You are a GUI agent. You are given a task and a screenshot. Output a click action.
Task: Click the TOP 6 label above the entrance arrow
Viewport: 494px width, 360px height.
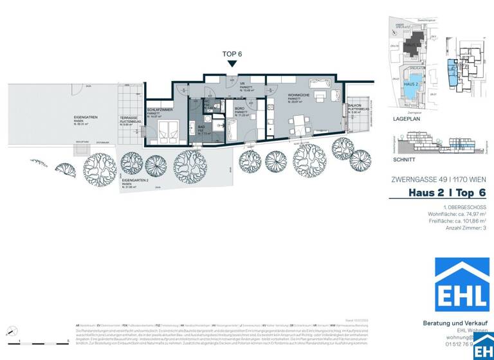[x=232, y=54]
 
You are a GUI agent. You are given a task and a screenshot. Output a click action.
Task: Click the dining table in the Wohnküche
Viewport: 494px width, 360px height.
[x=300, y=122]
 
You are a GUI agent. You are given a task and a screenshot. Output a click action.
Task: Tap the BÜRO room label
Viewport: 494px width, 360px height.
[x=239, y=108]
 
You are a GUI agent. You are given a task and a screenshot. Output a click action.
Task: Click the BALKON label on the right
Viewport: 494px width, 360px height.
[x=354, y=106]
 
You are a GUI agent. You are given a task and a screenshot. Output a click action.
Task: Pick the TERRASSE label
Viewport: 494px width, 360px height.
[x=127, y=118]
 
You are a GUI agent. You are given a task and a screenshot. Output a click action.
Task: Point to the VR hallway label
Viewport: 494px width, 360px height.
[x=243, y=83]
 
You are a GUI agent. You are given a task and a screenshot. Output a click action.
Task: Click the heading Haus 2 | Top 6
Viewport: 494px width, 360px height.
[x=447, y=193]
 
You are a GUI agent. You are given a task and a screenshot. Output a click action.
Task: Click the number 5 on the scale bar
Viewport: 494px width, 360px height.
[x=68, y=339]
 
